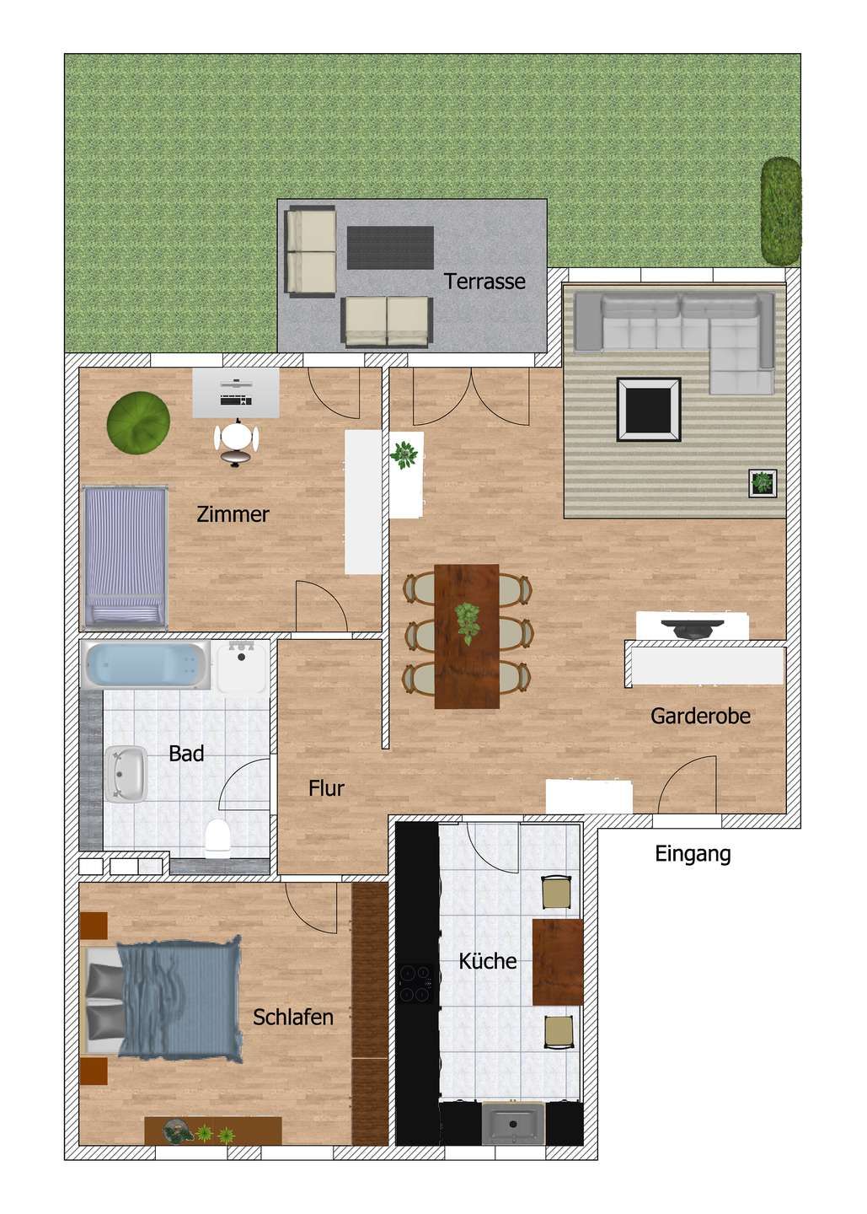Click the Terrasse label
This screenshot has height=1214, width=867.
(x=484, y=282)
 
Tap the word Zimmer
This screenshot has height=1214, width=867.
(x=233, y=513)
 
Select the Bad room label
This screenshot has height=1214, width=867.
(x=186, y=753)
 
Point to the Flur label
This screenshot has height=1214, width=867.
(x=326, y=788)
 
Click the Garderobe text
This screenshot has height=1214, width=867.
(x=700, y=717)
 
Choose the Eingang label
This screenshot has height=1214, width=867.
(x=693, y=854)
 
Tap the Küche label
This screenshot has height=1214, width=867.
(x=487, y=960)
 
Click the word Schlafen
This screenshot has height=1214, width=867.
(x=293, y=1017)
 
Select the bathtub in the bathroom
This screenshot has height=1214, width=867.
(x=147, y=665)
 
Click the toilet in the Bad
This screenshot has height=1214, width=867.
(x=217, y=837)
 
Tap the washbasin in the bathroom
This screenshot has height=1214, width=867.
(x=126, y=771)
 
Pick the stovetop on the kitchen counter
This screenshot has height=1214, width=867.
(x=417, y=984)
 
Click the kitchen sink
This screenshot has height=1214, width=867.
(x=512, y=1125)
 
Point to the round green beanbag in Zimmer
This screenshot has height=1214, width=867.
(x=138, y=422)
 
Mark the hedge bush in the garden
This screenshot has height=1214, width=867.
(x=781, y=208)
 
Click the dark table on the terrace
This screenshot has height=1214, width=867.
(x=391, y=246)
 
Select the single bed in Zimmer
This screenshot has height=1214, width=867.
(x=125, y=557)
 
